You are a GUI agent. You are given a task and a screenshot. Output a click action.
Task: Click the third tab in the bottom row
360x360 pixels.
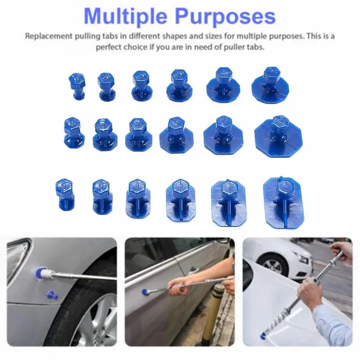pos(138,198)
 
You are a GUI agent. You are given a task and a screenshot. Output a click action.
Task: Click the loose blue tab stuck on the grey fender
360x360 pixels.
pos(51,295)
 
